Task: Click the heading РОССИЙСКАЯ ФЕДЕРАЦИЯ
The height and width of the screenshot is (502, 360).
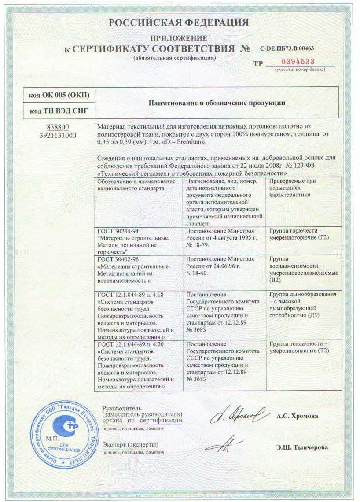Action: pos(179,22)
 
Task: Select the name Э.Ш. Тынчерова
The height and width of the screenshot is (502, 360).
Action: pos(302,447)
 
